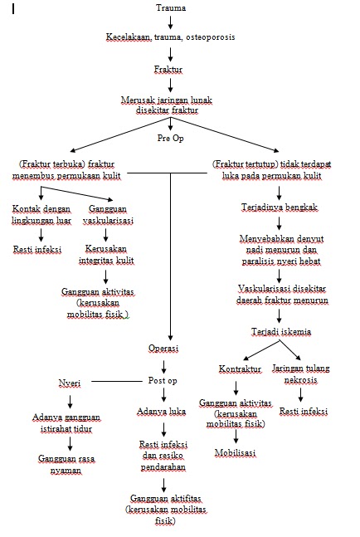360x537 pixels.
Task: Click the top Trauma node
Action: pyautogui.click(x=171, y=7)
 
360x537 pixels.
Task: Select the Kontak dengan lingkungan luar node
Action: pyautogui.click(x=41, y=214)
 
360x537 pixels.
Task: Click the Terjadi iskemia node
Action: pyautogui.click(x=282, y=331)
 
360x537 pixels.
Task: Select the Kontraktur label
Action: pyautogui.click(x=240, y=368)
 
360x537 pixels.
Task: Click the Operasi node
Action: pyautogui.click(x=170, y=348)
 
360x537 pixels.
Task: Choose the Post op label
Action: pyautogui.click(x=163, y=379)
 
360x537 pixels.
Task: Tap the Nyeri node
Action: pyautogui.click(x=69, y=383)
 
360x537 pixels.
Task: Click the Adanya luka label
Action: pyautogui.click(x=163, y=411)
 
